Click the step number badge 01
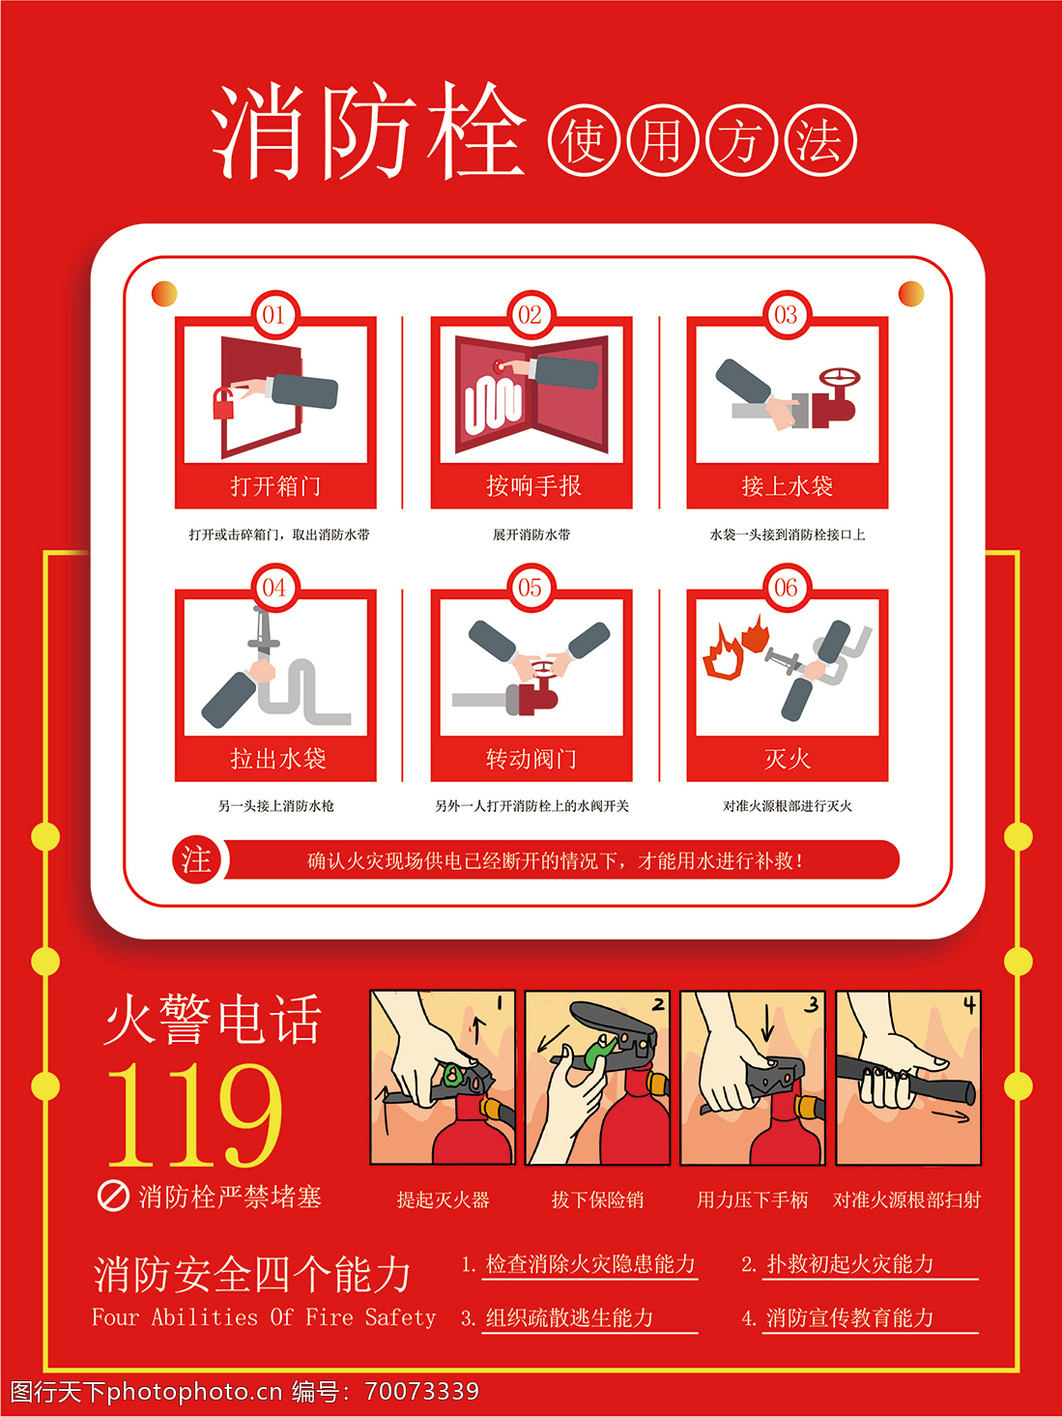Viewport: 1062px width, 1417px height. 274,315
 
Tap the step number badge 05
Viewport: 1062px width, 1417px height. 531,588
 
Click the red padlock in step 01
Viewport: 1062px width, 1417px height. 223,404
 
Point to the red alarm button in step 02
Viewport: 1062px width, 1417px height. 500,367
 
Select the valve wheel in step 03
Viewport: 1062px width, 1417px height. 840,378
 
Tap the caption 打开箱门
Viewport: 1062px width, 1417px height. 275,486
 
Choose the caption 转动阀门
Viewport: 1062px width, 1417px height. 531,759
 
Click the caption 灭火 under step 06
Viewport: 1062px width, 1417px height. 788,759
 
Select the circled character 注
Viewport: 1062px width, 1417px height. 196,860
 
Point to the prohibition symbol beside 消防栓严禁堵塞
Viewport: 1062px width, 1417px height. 113,1197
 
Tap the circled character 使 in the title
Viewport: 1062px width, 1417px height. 584,141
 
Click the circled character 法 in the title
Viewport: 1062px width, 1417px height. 820,141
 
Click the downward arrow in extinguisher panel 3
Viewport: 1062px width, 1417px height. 767,1024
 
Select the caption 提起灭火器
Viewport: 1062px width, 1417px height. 443,1200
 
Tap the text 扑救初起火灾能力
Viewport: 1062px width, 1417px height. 849,1263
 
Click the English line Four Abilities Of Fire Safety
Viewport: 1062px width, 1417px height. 264,1316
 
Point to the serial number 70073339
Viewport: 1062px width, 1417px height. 422,1391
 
